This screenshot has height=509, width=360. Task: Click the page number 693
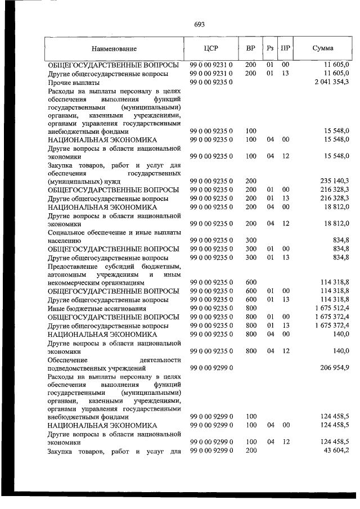(199, 24)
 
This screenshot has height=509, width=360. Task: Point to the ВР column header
(251, 48)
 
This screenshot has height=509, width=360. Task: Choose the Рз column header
(271, 48)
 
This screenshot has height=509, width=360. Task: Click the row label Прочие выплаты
(70, 83)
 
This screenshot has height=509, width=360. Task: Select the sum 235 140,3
(332, 182)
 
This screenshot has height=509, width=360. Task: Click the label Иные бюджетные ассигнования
(92, 308)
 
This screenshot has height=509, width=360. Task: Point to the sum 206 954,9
(332, 367)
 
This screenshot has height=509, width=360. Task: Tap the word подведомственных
(84, 367)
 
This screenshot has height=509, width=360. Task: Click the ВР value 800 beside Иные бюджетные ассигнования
(251, 308)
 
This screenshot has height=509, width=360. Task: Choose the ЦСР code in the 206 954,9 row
(211, 367)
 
